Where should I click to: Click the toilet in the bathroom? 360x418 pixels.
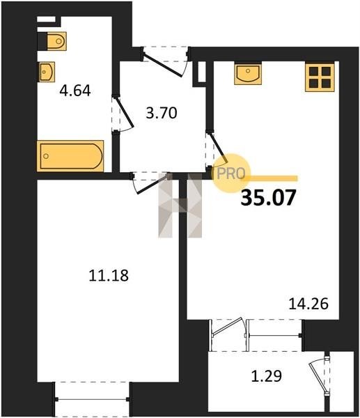[56, 41]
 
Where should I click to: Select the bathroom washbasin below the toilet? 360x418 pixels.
[47, 72]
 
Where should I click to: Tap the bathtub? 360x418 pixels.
[70, 156]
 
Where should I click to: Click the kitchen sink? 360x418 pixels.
[248, 73]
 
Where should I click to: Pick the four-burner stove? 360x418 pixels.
[320, 77]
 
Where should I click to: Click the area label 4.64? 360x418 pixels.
[75, 91]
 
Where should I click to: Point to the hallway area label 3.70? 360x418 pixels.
[162, 113]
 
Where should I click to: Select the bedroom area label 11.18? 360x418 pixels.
[109, 275]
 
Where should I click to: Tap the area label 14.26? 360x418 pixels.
[308, 304]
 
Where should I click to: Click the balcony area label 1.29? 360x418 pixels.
[267, 376]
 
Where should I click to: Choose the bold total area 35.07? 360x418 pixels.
[268, 198]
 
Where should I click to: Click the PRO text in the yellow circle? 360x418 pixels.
[231, 173]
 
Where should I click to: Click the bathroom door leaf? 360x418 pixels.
[124, 111]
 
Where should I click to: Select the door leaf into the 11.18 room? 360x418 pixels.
[152, 183]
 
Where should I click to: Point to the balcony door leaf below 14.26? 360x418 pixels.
[227, 326]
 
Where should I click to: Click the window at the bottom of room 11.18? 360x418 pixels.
[92, 399]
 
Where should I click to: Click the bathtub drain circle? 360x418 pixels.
[46, 156]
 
